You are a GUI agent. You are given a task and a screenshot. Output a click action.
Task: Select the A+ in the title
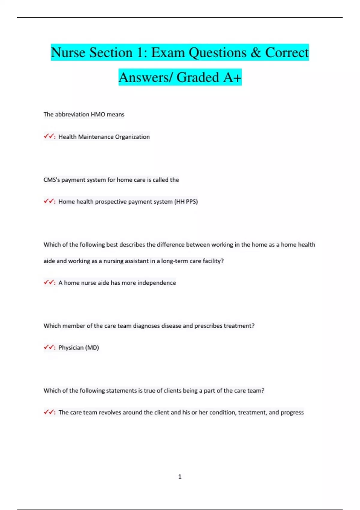click(232, 78)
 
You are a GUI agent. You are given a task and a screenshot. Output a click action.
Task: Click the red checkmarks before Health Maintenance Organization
click(49, 136)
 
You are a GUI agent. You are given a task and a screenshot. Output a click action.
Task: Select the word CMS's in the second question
click(52, 180)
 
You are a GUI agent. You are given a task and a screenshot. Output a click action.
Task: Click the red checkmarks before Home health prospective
click(49, 201)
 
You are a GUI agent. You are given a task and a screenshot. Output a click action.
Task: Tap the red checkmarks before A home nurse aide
click(49, 282)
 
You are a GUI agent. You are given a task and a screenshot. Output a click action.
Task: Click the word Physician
click(71, 347)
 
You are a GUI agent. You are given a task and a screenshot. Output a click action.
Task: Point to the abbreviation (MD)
click(92, 347)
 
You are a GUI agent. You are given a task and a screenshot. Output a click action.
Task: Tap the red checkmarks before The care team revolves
click(49, 412)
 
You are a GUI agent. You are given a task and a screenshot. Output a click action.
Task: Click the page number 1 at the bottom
click(180, 476)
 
